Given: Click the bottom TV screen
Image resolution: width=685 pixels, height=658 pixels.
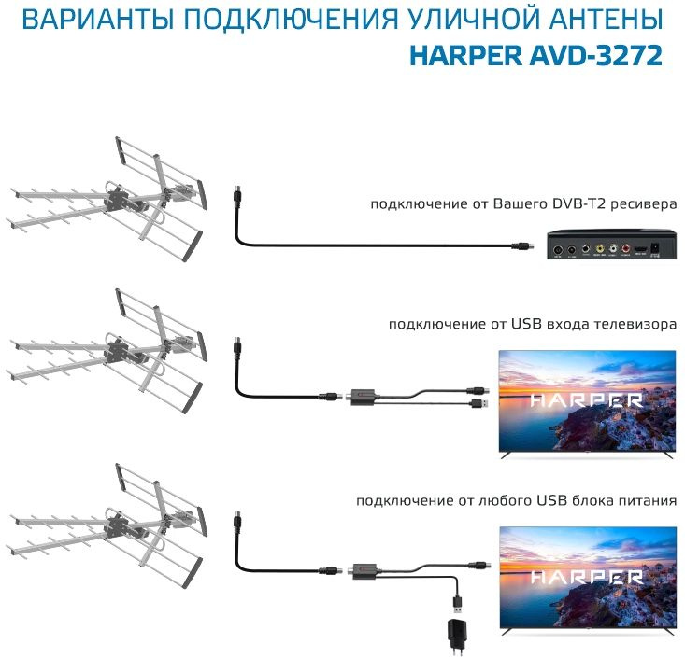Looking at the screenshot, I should coord(587,575).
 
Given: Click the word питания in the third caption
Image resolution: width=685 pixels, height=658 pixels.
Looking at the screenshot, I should coord(646,500).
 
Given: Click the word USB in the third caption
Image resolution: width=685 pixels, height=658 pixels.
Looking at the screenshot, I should coord(551,500).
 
